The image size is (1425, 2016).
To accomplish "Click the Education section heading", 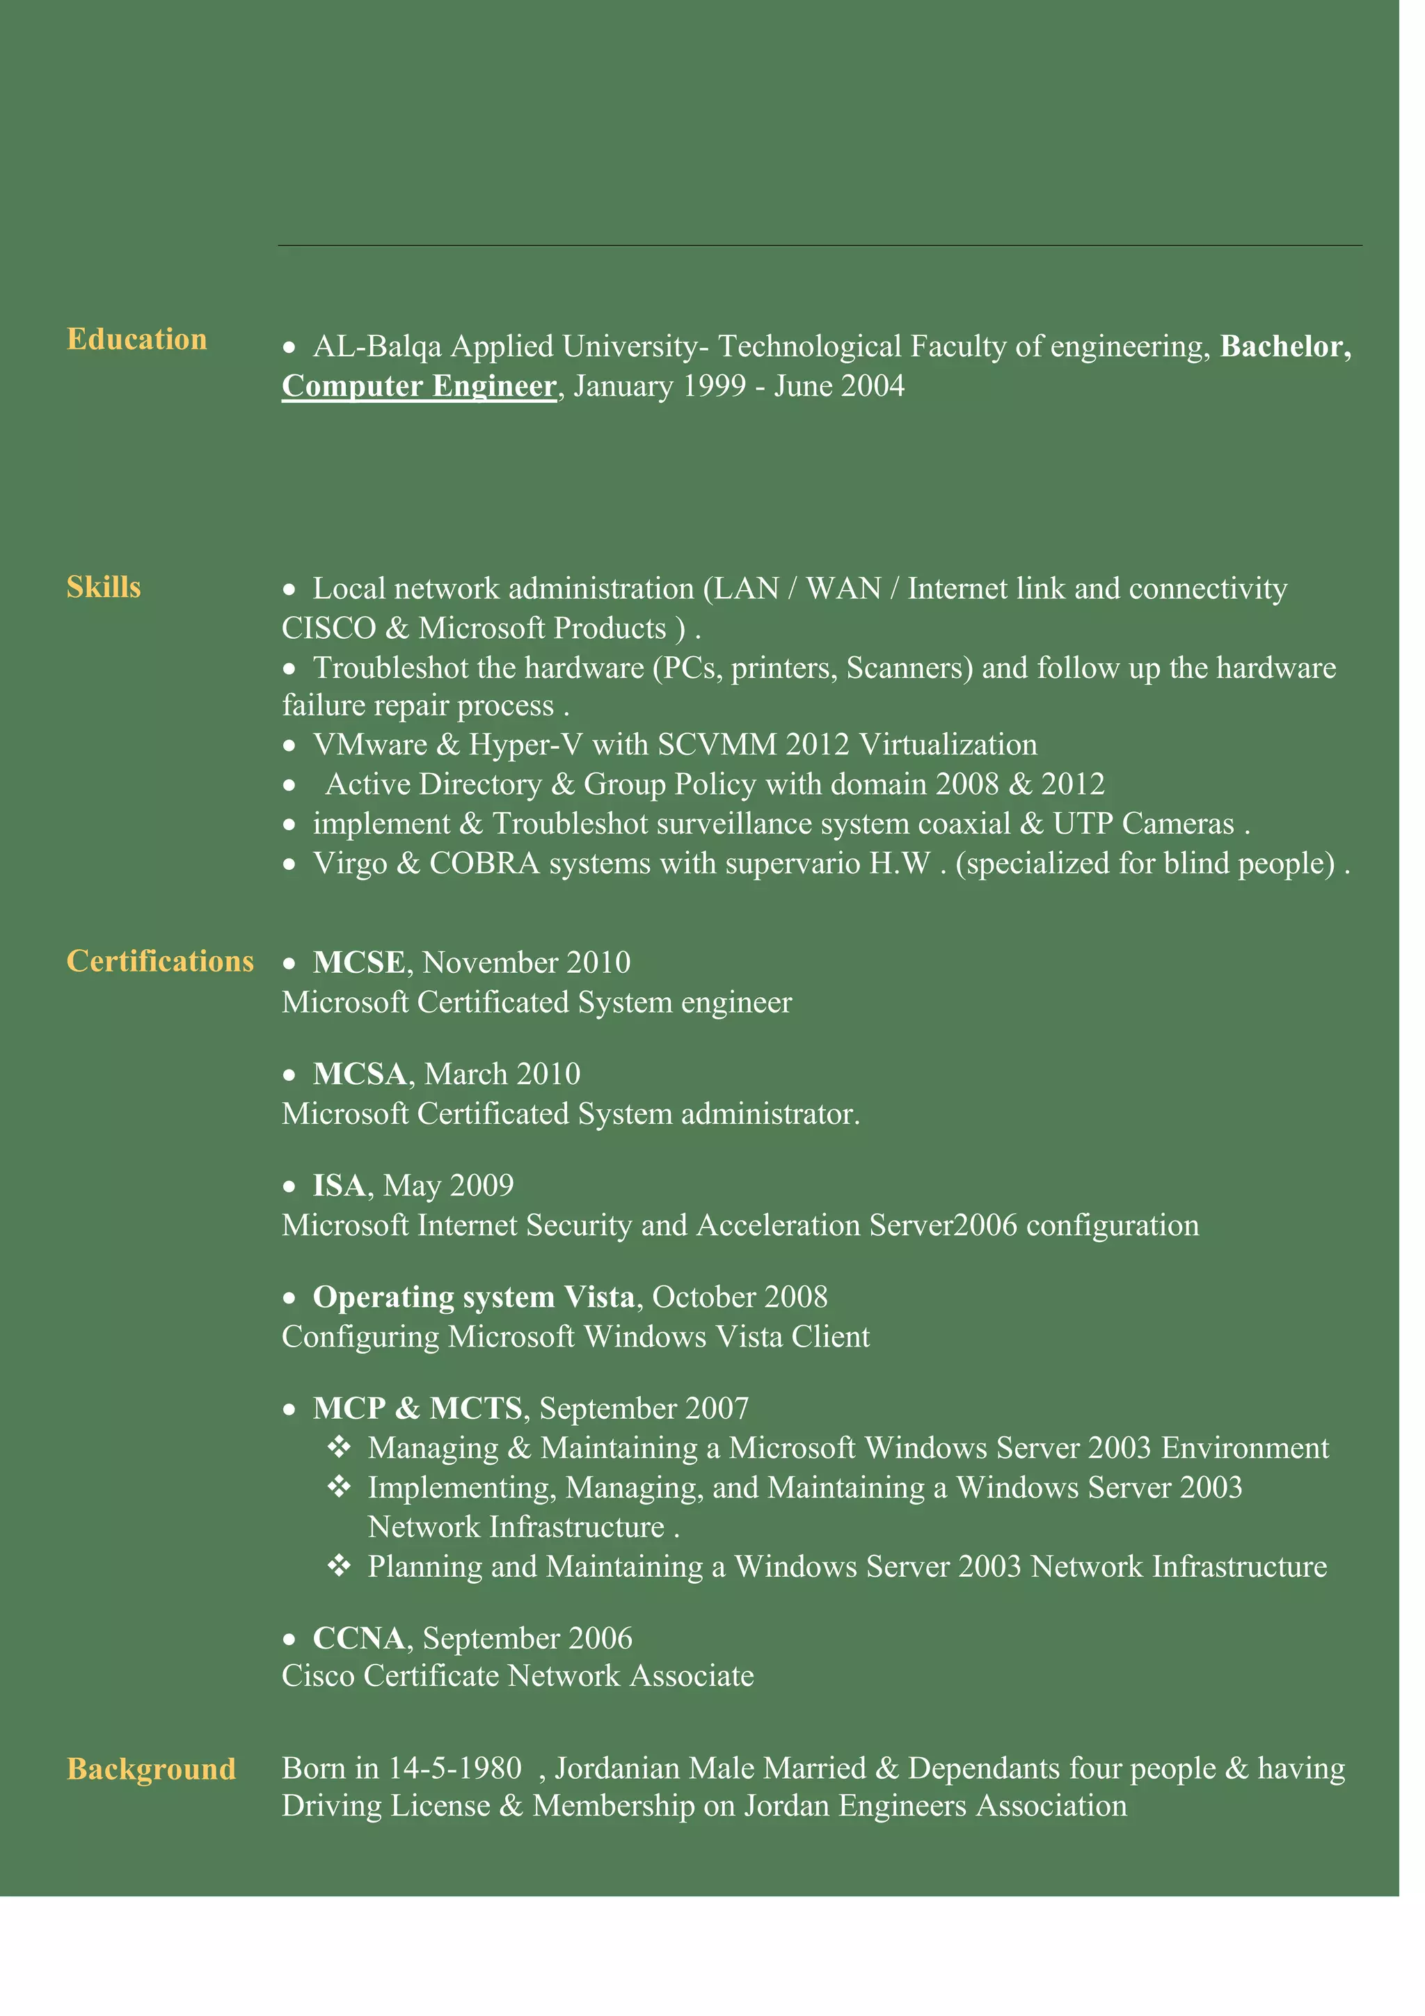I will (137, 340).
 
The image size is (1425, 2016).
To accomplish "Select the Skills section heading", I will (104, 587).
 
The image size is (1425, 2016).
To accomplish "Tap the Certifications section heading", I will (160, 962).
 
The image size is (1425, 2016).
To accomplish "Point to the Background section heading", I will (151, 1769).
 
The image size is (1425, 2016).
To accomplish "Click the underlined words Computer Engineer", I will (419, 386).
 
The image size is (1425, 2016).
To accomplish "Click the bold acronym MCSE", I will (359, 963).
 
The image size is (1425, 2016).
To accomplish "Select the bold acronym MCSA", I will (359, 1074).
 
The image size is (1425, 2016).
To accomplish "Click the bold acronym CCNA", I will (358, 1638).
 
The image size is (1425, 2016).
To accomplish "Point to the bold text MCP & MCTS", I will (417, 1408).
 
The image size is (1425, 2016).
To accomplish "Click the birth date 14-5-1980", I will (455, 1768).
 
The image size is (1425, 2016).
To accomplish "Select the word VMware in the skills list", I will (369, 745).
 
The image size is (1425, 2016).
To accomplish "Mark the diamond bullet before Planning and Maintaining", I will (339, 1566).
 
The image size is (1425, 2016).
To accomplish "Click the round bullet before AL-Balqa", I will (289, 349).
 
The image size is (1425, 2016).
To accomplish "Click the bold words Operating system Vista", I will (473, 1298).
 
